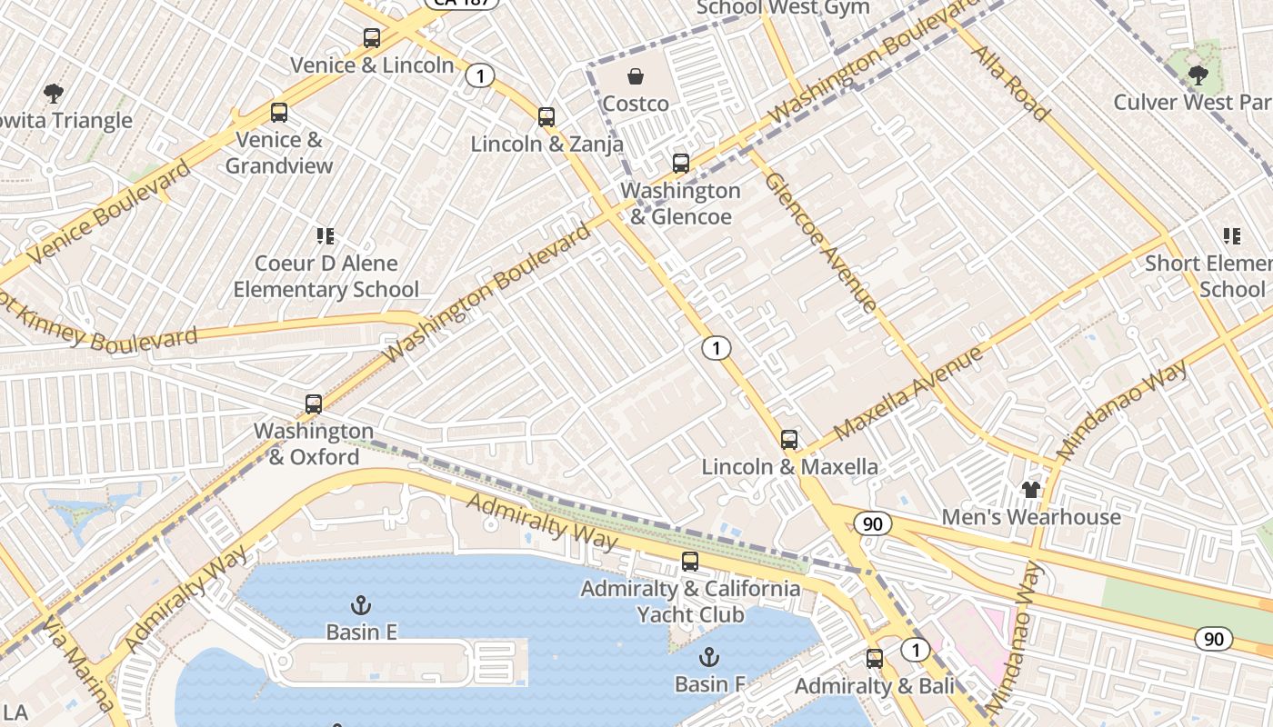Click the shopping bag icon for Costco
(x=636, y=76)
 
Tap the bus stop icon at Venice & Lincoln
(x=372, y=38)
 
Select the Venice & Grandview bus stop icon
(x=279, y=113)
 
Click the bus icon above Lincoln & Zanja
(x=546, y=116)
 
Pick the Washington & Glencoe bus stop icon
(x=681, y=164)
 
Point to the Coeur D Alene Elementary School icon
(x=326, y=236)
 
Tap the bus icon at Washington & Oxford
(x=314, y=403)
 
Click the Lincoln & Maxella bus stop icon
(x=789, y=440)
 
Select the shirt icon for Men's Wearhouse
(x=1030, y=490)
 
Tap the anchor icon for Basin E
(x=361, y=604)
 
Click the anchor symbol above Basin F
(x=708, y=656)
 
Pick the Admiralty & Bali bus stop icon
(x=875, y=658)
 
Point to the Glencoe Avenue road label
(x=820, y=241)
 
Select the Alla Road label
(x=1011, y=84)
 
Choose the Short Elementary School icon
(x=1232, y=236)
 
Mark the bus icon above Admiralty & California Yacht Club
(x=690, y=562)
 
